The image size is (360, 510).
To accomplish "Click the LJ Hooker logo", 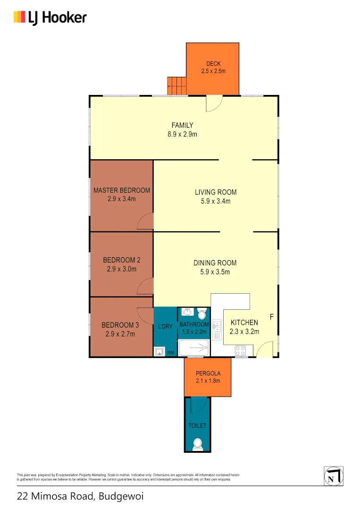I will coord(50,18).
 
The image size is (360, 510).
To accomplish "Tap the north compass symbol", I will coord(333,476).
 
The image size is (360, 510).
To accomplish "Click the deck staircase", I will coord(177,86).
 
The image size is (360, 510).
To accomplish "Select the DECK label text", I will coord(213,64).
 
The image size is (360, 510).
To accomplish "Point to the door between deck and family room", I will coord(214,103).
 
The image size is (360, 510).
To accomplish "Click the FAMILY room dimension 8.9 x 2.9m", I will coord(182,134).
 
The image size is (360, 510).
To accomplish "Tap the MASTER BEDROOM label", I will coord(122,190).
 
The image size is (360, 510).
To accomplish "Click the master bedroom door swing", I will coord(146,221).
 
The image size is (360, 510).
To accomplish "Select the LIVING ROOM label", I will coord(216,192).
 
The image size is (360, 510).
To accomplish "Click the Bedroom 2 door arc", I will coord(146,287).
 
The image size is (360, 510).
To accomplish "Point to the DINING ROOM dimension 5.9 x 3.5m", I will coord(215,272).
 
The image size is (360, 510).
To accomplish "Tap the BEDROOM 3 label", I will coord(121,325).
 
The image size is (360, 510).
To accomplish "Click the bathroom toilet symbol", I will coord(202,314).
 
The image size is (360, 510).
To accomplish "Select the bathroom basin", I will coord(187,312).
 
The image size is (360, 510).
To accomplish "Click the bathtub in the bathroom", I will coord(193,349).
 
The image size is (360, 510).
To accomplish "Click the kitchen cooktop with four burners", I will coord(241,351).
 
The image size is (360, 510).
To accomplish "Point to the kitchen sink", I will coord(217,330).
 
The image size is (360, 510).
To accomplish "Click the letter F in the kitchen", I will coord(271,316).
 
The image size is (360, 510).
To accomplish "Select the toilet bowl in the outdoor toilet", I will coord(197,444).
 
